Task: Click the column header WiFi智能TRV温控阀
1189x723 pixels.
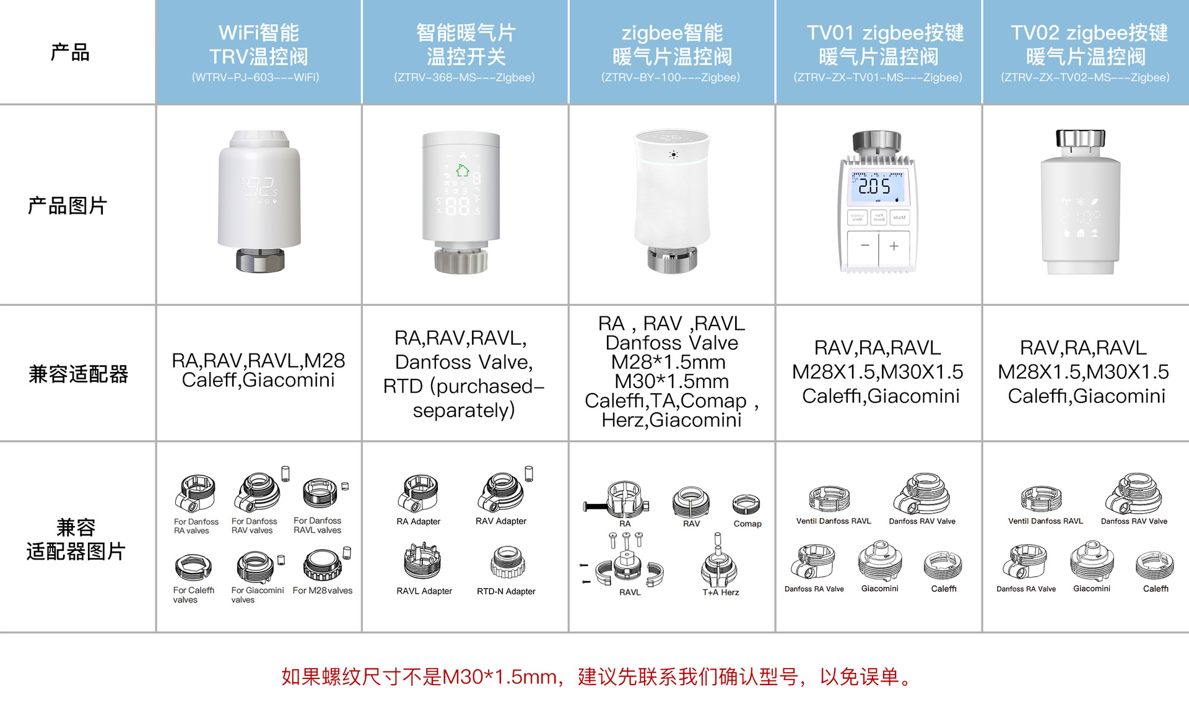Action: tap(259, 44)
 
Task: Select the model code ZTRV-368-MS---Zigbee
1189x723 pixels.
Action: tap(464, 77)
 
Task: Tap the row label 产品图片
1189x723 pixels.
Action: tap(68, 206)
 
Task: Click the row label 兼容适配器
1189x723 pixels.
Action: tap(78, 374)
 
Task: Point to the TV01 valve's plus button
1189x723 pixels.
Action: tap(894, 246)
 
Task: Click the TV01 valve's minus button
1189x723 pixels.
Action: tap(865, 246)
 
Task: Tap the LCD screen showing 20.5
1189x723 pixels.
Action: tap(877, 187)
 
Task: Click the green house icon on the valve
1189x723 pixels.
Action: tap(463, 170)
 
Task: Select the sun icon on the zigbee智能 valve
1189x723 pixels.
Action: tap(673, 155)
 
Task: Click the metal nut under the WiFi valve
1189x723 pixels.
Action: tap(260, 260)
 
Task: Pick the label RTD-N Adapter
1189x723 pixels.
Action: tap(506, 591)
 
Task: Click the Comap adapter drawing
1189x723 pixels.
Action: tap(746, 504)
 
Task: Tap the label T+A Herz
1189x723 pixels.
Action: tap(721, 592)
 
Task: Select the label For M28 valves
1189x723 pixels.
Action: tap(323, 591)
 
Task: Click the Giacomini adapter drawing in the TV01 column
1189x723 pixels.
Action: tap(879, 561)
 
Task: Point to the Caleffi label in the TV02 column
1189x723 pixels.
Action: tap(1156, 589)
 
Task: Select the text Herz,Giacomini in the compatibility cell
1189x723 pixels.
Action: tap(671, 420)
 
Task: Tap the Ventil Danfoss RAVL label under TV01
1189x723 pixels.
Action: tap(834, 521)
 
